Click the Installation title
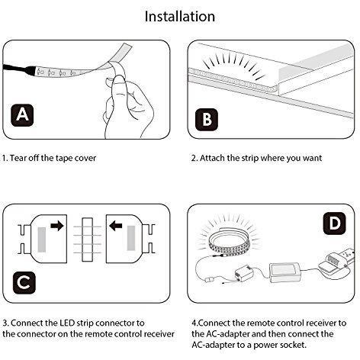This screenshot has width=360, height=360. point(180,17)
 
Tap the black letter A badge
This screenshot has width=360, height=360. point(22,115)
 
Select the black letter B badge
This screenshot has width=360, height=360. point(207,120)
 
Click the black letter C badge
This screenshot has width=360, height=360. point(24,282)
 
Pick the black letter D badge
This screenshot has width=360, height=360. point(334,223)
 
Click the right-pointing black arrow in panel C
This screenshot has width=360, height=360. point(57,226)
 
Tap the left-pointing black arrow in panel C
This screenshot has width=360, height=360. point(116,226)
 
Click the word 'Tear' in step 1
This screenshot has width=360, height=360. point(18,158)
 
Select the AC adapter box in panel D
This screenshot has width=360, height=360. point(285,272)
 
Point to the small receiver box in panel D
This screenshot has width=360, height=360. point(244,273)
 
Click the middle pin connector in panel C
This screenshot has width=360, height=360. point(87,239)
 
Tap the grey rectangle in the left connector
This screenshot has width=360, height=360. point(42,239)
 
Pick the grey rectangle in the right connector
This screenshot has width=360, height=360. point(131,238)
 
